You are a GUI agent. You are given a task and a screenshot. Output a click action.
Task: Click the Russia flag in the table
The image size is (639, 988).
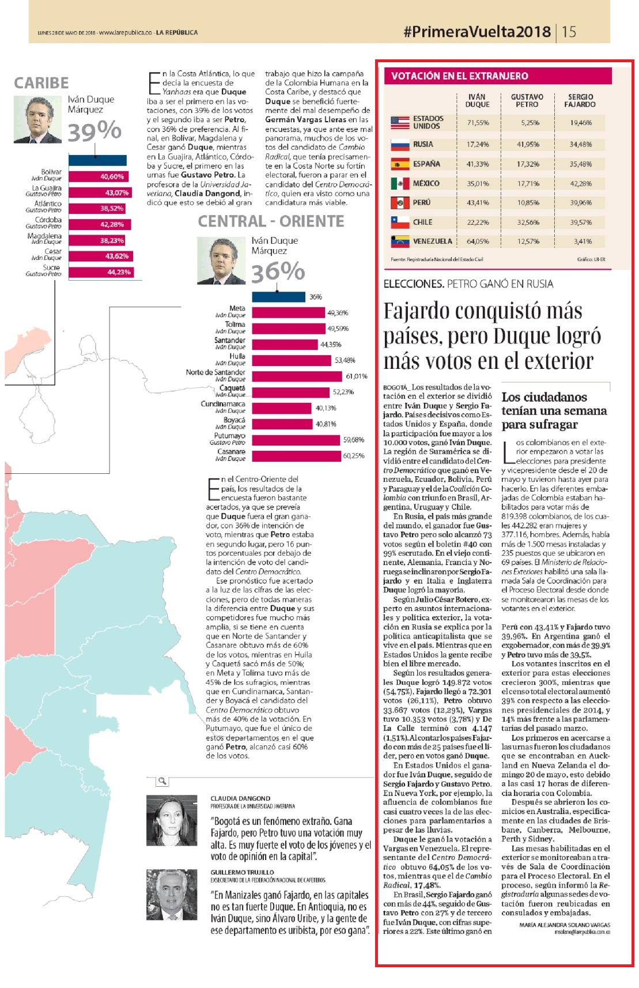[x=400, y=144]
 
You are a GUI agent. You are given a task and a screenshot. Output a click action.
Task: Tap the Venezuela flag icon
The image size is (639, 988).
[x=400, y=242]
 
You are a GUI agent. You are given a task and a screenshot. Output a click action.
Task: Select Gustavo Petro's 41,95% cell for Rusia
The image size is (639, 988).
[x=527, y=144]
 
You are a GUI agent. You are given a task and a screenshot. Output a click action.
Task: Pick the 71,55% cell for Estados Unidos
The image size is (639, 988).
[x=478, y=123]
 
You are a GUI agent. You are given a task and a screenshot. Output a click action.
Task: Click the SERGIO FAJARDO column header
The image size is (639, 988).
[x=580, y=100]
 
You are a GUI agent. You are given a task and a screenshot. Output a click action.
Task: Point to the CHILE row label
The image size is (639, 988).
[x=422, y=222]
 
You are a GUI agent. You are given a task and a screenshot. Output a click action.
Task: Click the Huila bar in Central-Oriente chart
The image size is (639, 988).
[x=291, y=360]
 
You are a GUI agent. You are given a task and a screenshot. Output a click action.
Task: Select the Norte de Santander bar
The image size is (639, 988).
[x=297, y=376]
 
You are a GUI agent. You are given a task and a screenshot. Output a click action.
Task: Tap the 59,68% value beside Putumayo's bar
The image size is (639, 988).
[x=354, y=440]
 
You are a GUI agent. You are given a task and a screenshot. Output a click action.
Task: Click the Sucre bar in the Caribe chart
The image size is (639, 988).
[x=101, y=272]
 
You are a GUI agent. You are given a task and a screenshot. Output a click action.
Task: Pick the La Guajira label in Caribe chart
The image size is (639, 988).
[x=47, y=188]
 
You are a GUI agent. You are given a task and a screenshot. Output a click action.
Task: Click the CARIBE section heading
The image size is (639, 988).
[x=41, y=83]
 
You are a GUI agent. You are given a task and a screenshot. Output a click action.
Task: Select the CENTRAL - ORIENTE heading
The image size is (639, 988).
[x=271, y=221]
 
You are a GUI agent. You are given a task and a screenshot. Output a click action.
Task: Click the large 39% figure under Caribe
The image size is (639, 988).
[x=94, y=131]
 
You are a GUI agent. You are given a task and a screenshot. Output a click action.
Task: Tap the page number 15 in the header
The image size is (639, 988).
[x=569, y=32]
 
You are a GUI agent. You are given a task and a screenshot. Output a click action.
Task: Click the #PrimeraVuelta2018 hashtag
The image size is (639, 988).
[x=477, y=32]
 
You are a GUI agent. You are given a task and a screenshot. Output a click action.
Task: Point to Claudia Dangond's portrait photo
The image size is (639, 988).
[x=172, y=820]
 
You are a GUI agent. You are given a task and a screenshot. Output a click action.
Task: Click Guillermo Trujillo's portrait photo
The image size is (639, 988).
[x=172, y=895]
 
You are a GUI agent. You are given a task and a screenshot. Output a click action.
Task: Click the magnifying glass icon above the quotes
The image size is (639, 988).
[x=162, y=781]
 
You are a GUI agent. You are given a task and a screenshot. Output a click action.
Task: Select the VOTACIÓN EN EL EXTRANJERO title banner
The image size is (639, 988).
[x=497, y=76]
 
